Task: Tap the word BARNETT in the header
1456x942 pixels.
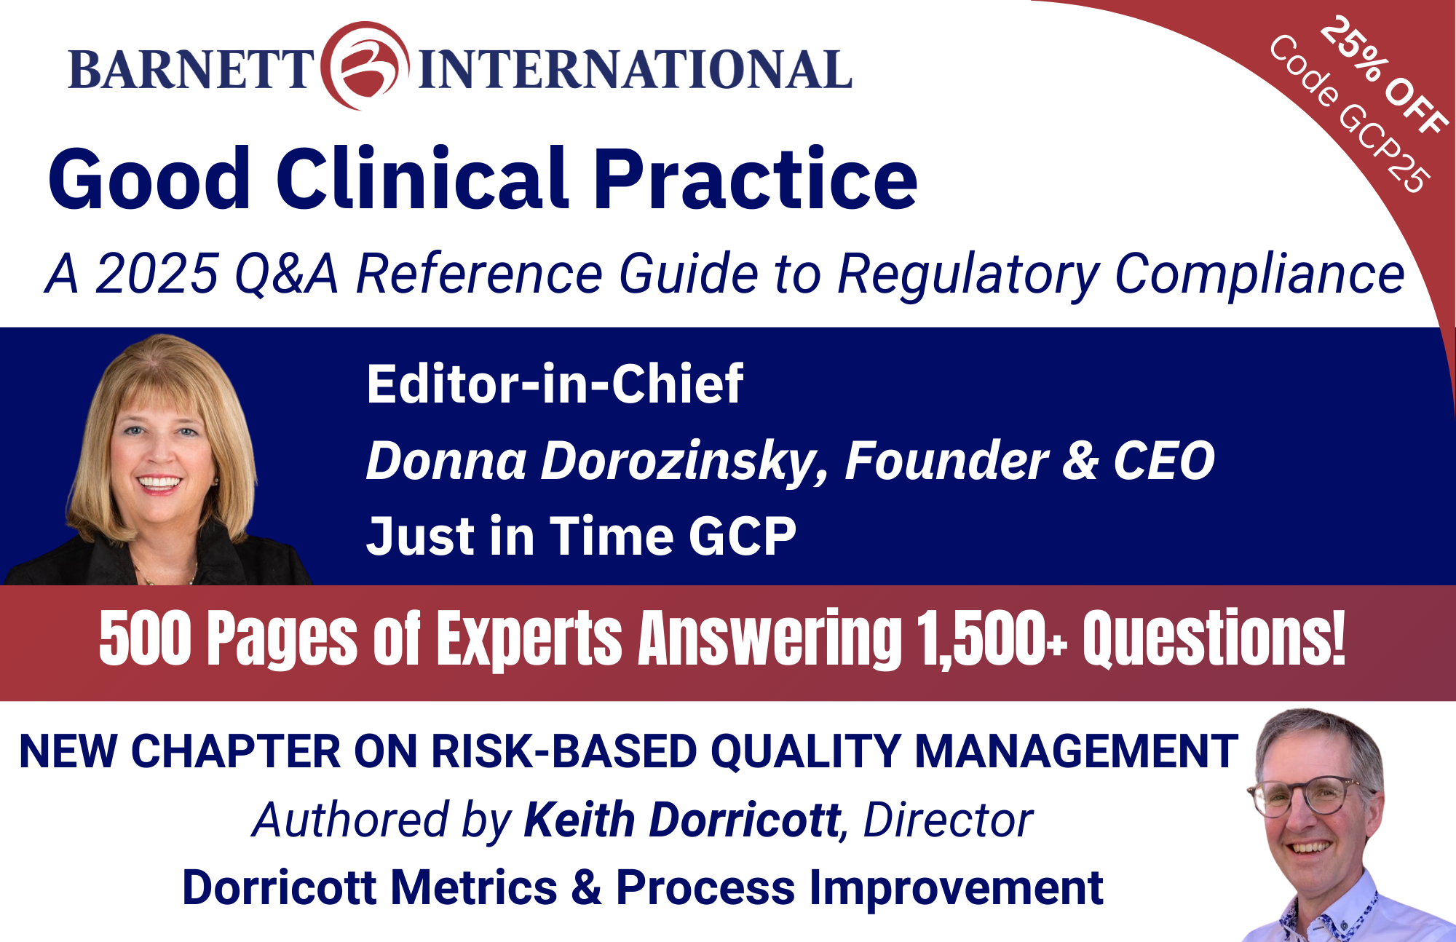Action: tap(191, 70)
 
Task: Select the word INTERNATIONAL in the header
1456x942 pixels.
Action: tap(635, 70)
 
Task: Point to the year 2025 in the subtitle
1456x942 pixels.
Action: tap(157, 274)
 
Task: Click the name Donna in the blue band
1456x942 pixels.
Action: tap(446, 461)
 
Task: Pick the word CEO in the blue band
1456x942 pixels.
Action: tap(1164, 461)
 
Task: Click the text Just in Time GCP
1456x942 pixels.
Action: tap(581, 536)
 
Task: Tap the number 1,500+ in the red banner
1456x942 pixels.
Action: tap(992, 638)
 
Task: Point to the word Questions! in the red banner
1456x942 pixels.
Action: tap(1214, 638)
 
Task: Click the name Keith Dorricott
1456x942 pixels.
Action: tap(682, 820)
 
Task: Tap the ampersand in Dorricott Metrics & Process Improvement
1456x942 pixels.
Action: tap(587, 888)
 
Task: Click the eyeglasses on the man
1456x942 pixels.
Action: tap(1307, 796)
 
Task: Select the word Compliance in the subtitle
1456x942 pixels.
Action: tap(1259, 275)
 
